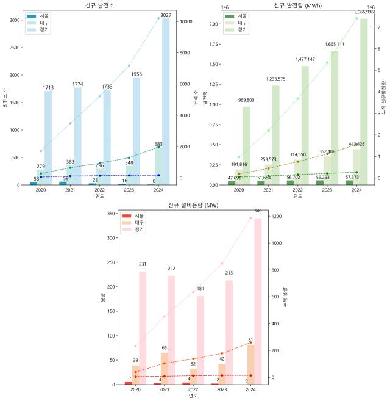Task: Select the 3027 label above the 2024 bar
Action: pyautogui.click(x=165, y=15)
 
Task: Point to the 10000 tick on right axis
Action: pyautogui.click(x=186, y=21)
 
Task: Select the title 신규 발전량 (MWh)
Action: pyautogui.click(x=297, y=5)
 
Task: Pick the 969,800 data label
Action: pyautogui.click(x=246, y=100)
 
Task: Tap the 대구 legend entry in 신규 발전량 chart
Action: pyautogui.click(x=243, y=23)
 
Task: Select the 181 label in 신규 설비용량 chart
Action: pyautogui.click(x=200, y=289)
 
